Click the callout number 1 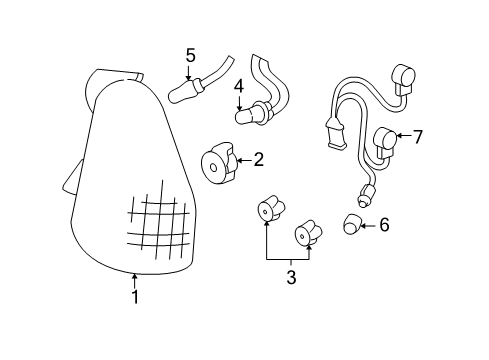click(135, 297)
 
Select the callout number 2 click(258, 158)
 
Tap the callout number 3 click(291, 277)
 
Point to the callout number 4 click(239, 88)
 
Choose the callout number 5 click(190, 56)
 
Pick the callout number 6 click(383, 225)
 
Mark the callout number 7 click(418, 137)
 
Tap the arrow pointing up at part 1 click(135, 280)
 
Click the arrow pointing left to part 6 click(367, 225)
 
